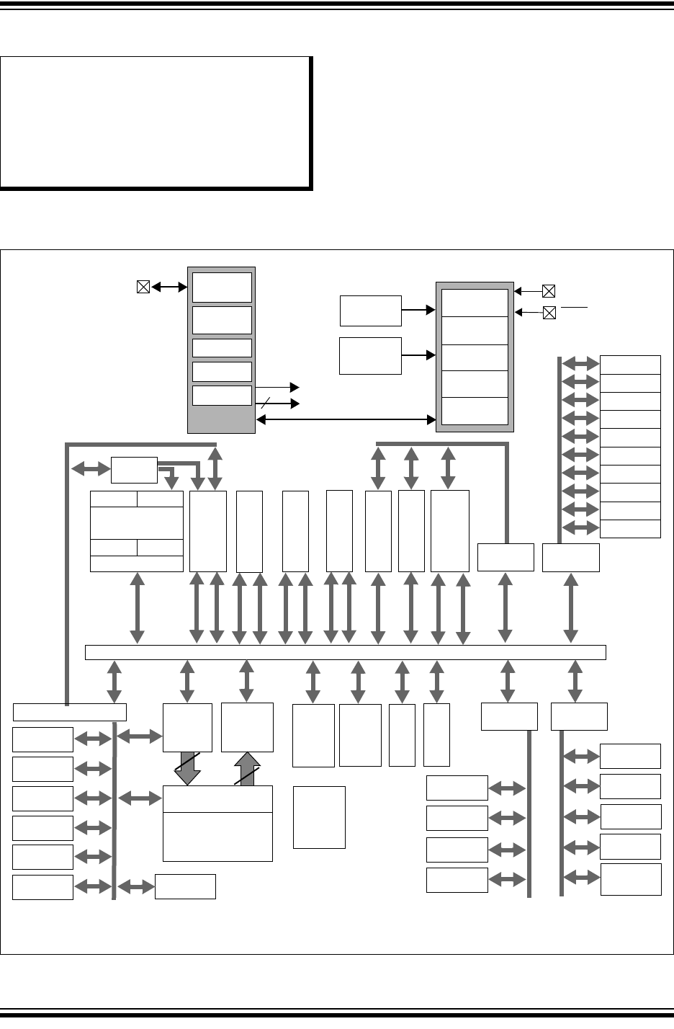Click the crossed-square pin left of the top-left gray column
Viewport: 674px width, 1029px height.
coord(143,287)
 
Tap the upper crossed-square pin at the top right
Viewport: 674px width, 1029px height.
coord(549,291)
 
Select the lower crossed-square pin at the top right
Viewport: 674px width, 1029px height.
coord(549,313)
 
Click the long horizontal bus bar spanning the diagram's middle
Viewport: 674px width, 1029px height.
coord(345,652)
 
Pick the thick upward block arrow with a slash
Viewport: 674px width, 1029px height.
coord(247,769)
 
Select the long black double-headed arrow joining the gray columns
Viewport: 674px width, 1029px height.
coord(346,419)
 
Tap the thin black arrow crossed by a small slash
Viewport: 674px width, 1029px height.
coord(277,404)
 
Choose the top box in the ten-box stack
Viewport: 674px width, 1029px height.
coord(630,365)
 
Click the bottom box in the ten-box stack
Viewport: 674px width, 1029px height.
coord(630,528)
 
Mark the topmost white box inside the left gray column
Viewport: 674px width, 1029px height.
coord(222,287)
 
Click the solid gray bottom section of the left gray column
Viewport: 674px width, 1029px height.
coord(221,420)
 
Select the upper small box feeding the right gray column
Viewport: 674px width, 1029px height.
coord(370,310)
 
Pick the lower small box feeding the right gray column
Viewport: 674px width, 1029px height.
coord(370,355)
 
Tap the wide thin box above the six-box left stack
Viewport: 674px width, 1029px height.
coord(70,712)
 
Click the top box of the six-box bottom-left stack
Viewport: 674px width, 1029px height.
coord(42,739)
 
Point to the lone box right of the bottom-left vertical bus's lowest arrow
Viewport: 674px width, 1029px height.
coord(185,886)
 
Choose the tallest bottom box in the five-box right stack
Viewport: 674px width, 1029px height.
coord(630,879)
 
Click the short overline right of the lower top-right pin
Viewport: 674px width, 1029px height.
coord(574,307)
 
